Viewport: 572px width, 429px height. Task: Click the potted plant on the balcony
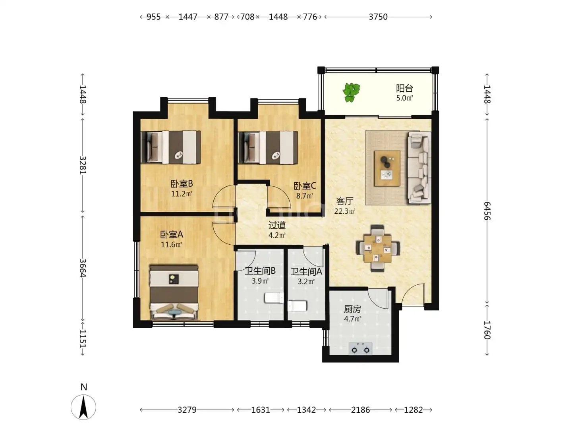click(351, 92)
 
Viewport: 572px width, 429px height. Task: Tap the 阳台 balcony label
click(404, 88)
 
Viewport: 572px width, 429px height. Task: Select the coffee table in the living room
click(387, 168)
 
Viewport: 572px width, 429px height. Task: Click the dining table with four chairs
click(378, 248)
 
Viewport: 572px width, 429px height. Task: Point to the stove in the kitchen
click(360, 348)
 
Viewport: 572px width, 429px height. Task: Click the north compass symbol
click(83, 407)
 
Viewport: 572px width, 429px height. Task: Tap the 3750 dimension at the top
click(378, 17)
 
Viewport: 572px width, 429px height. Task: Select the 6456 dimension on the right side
click(487, 211)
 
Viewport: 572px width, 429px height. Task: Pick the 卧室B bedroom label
click(182, 184)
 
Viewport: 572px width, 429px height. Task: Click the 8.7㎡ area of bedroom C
click(305, 195)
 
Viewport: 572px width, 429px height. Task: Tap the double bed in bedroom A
click(174, 292)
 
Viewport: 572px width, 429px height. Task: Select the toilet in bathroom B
click(274, 298)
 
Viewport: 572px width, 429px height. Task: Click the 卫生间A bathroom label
click(306, 272)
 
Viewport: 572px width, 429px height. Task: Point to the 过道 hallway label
click(277, 225)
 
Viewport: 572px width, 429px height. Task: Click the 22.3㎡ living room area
click(345, 211)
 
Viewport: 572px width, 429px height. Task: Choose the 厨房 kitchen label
click(352, 309)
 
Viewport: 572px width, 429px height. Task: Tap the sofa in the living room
click(419, 168)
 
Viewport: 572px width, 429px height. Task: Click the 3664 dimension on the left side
click(83, 268)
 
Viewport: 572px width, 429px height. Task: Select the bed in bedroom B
click(171, 147)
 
